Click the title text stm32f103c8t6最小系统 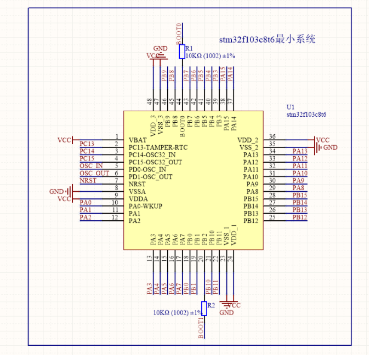(x=267, y=40)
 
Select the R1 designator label (x=190, y=48)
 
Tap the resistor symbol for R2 (x=204, y=308)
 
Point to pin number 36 (x=272, y=136)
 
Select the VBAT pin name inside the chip (x=138, y=140)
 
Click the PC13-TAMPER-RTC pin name (x=158, y=147)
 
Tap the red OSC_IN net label (x=91, y=165)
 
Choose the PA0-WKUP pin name (x=145, y=206)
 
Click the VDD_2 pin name (x=247, y=140)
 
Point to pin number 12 (x=115, y=218)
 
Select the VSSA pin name (x=138, y=192)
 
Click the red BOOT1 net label (x=201, y=327)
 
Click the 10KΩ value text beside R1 (x=210, y=56)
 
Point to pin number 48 (x=150, y=101)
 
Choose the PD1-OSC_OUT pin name (x=150, y=177)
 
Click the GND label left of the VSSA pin (x=56, y=192)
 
